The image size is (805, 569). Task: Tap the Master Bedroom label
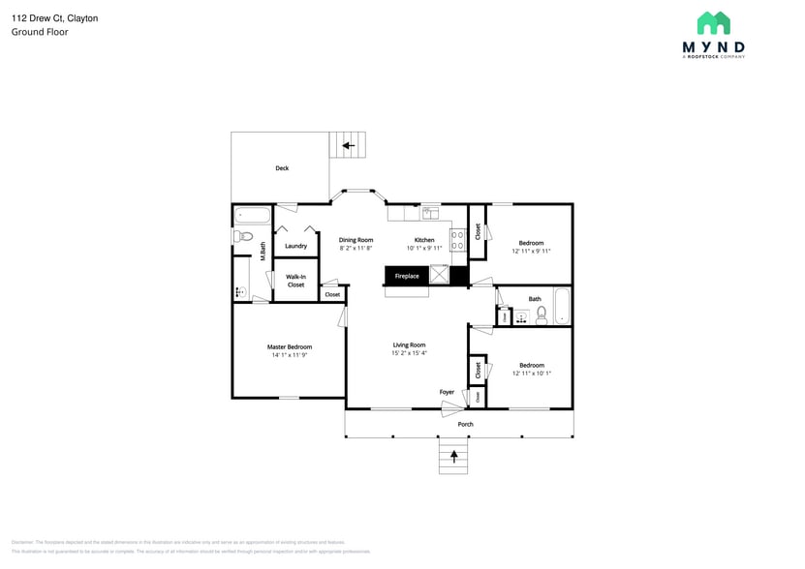(x=290, y=346)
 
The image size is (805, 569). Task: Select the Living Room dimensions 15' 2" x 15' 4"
(x=409, y=353)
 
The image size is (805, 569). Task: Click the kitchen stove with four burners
(x=458, y=240)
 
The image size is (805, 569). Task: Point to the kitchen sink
(x=430, y=212)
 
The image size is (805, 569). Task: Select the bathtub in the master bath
(x=253, y=214)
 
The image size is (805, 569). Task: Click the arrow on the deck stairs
(x=348, y=146)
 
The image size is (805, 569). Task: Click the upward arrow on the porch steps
(x=452, y=454)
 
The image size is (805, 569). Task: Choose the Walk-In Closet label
(x=295, y=281)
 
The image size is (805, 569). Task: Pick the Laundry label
(x=295, y=246)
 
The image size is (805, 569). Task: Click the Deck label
(x=282, y=168)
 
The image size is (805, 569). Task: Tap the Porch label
(x=466, y=424)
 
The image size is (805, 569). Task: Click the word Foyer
(x=447, y=392)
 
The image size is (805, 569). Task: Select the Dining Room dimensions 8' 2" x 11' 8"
(x=356, y=249)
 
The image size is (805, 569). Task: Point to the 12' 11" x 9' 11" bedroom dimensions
(x=531, y=251)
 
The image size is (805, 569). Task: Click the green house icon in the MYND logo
(x=713, y=23)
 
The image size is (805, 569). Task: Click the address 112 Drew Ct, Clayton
(x=54, y=18)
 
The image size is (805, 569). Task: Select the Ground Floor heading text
(x=40, y=32)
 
